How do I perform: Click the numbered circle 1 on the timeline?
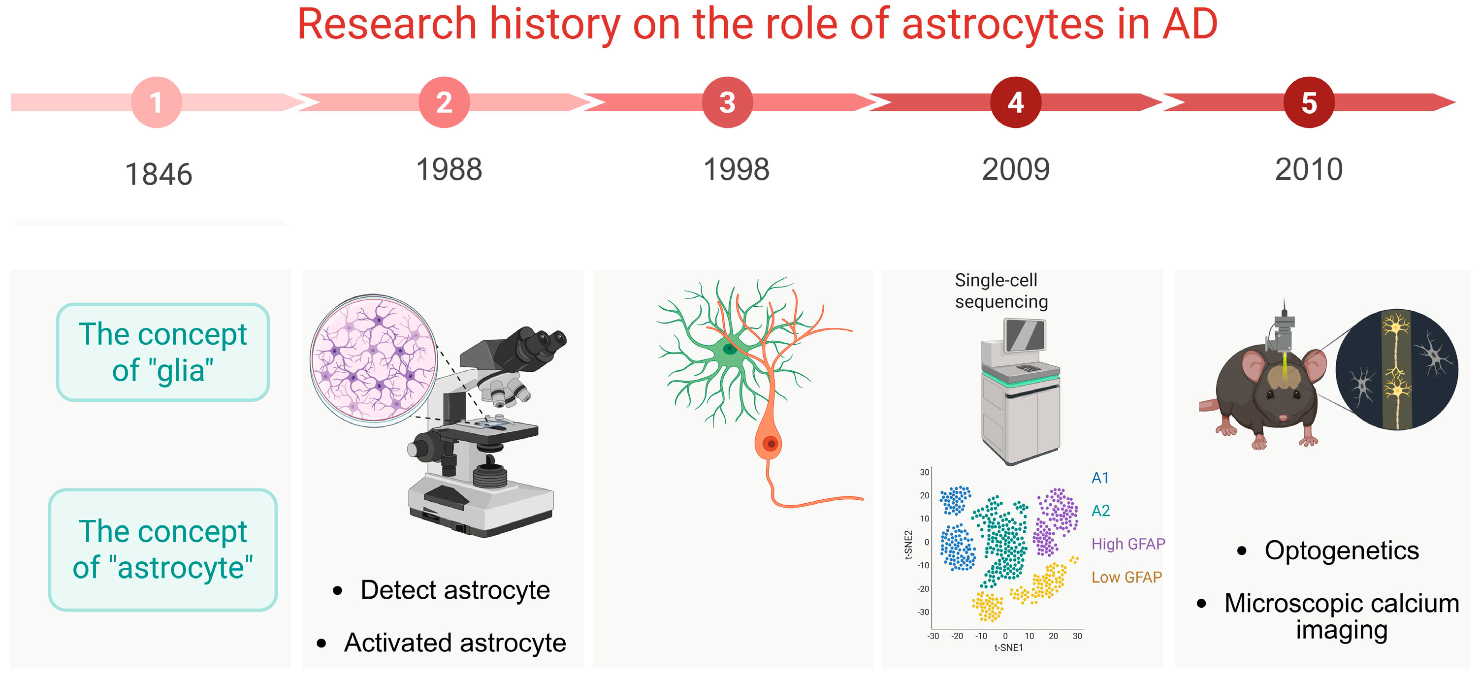point(156,102)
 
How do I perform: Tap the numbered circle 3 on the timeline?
point(727,102)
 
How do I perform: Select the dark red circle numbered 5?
point(1309,102)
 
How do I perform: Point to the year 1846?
point(159,174)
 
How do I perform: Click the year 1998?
point(737,169)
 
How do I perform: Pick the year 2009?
point(1016,169)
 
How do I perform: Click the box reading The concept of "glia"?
point(163,352)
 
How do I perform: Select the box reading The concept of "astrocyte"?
point(163,549)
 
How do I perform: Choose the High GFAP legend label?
point(1128,544)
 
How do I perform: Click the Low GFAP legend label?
point(1126,577)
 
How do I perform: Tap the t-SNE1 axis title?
point(1009,647)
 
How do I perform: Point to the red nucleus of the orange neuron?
point(771,444)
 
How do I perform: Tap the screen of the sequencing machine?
point(1025,335)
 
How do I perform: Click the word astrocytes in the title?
point(1002,24)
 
